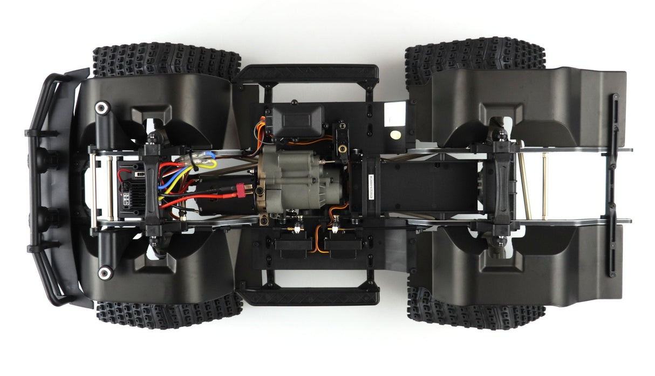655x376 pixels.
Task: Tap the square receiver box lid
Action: tap(298, 120)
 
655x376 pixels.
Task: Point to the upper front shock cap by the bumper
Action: tap(101, 108)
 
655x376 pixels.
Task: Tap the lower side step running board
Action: tap(309, 296)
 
